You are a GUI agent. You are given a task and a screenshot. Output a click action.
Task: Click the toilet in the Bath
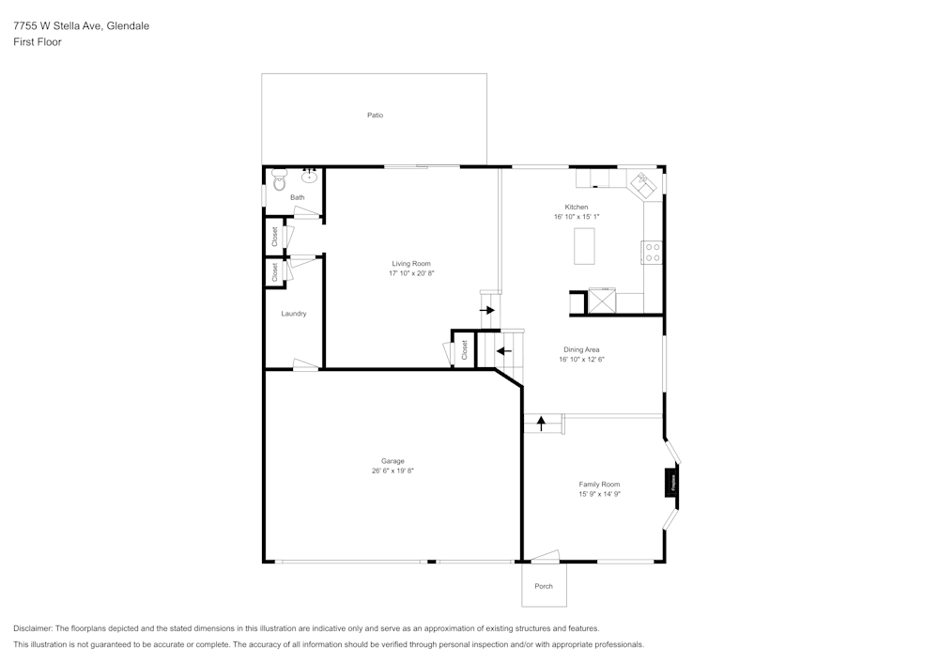(278, 180)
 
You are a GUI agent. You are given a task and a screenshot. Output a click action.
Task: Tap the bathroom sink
(309, 176)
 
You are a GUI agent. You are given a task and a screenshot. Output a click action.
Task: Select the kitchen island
(585, 246)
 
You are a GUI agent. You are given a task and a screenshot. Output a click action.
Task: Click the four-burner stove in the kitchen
(652, 253)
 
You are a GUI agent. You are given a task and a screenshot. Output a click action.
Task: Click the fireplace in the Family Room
(672, 484)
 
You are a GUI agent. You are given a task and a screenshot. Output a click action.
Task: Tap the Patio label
(375, 116)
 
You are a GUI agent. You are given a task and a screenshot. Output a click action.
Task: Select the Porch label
(544, 586)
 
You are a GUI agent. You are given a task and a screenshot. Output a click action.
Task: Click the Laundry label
(294, 314)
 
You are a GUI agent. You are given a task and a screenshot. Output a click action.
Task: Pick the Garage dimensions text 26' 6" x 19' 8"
(393, 471)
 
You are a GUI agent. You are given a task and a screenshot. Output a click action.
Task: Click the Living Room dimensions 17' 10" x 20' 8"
(411, 273)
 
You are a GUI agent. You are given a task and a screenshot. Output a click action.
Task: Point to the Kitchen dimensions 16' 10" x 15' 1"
(577, 217)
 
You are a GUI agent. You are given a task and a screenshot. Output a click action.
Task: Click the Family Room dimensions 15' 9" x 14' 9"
(599, 494)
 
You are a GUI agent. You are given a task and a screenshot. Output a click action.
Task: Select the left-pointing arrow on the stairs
(502, 351)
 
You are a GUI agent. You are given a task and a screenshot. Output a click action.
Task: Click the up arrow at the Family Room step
(541, 424)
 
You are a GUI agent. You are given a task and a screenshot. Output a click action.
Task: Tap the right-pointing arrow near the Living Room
(487, 309)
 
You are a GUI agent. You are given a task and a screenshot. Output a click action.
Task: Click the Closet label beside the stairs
(464, 349)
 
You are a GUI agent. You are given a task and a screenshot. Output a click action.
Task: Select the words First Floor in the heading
(38, 42)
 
